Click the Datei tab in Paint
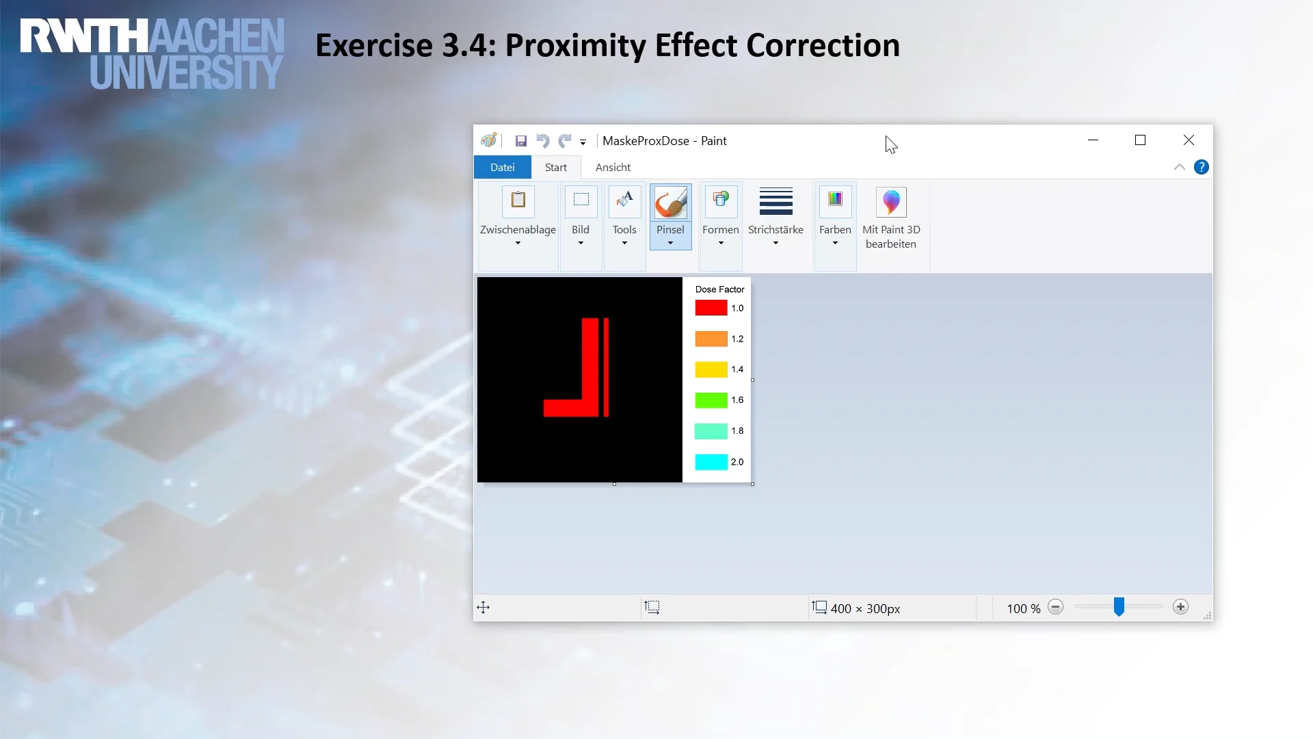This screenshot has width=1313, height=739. coord(502,168)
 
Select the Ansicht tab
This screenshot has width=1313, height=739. coord(613,168)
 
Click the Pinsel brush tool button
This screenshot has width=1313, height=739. coord(670,216)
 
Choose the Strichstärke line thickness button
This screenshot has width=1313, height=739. coord(775,216)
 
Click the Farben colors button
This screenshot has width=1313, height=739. coord(835,216)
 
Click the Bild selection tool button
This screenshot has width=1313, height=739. coord(581,216)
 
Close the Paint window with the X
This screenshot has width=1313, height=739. coord(1189,140)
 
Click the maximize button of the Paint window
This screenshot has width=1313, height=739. coord(1140,140)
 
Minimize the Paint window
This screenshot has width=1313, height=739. coord(1093,140)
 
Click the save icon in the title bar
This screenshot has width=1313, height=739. coord(521,141)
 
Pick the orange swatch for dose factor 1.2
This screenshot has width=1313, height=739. coord(711,339)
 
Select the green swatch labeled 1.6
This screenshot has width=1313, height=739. coord(711,400)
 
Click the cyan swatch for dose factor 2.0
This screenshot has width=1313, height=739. coord(711,462)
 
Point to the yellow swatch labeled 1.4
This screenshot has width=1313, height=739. coord(711,369)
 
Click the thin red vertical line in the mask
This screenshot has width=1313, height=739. coord(606,367)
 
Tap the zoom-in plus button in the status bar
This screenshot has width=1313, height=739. coord(1180,607)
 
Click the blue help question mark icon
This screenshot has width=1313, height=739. coord(1201,168)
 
